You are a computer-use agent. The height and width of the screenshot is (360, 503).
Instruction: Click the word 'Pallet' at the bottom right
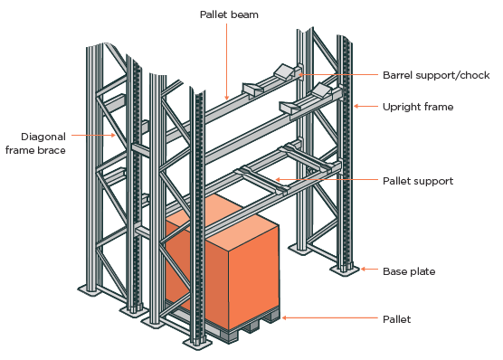click(396, 319)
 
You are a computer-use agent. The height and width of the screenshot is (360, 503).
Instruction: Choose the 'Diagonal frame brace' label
click(35, 143)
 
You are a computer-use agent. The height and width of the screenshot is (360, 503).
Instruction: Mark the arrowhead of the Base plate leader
click(360, 270)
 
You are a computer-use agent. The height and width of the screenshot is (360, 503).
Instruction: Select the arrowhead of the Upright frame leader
click(354, 107)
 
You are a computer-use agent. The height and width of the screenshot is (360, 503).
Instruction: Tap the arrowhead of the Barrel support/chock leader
click(298, 74)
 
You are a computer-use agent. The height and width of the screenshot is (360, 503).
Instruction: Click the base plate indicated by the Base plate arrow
click(345, 269)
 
